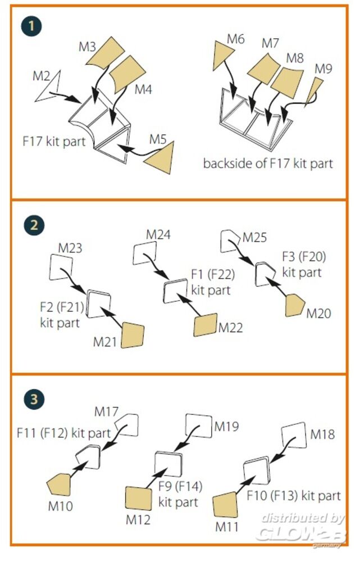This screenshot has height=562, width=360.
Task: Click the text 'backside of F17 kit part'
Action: pos(268,164)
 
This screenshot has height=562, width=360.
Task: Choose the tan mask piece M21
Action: pos(133,335)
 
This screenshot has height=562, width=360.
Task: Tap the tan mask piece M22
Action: pos(206,325)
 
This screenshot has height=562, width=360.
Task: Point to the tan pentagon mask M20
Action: pos(294,306)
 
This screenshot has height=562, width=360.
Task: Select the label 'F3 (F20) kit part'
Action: pos(303,265)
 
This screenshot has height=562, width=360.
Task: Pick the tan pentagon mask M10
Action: pos(59,484)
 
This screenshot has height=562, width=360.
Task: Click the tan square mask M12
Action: pos(138,499)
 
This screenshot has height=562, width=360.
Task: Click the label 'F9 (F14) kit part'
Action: pos(180,493)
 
